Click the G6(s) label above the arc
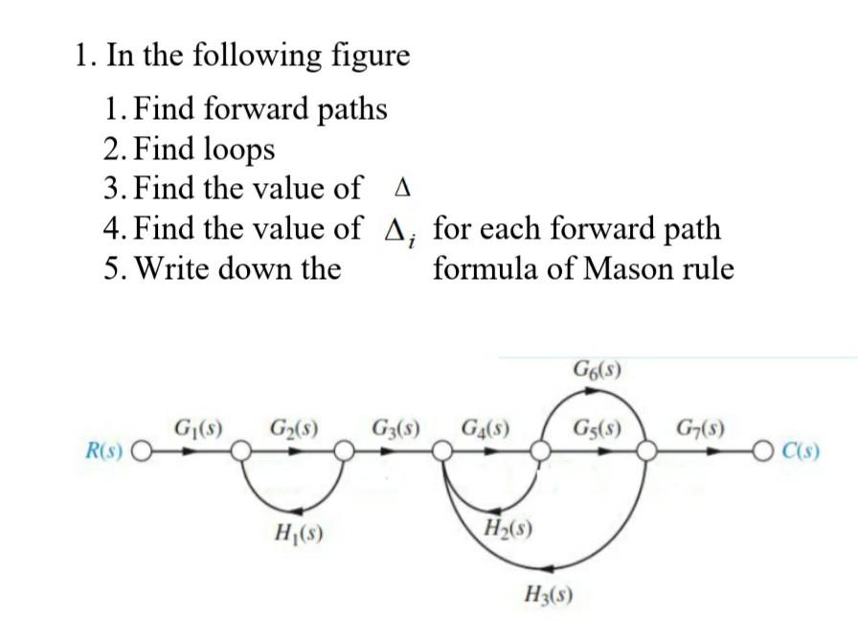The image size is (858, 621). pyautogui.click(x=598, y=369)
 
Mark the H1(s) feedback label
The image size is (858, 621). pyautogui.click(x=298, y=533)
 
